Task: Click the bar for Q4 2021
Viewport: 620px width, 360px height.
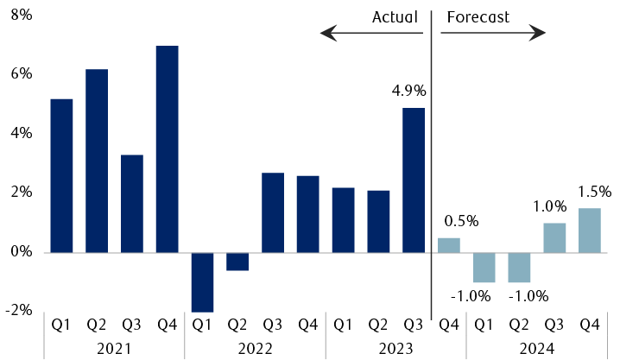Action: [167, 148]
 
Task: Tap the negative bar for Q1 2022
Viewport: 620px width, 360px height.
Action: [202, 281]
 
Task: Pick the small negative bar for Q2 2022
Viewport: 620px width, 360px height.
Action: [237, 262]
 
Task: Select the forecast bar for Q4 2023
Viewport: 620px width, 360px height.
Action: [448, 245]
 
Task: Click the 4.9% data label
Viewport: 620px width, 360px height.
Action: [408, 91]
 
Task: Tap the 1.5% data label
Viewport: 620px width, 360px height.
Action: [594, 192]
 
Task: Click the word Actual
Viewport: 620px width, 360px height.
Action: [395, 16]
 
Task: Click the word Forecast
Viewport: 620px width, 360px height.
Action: [478, 16]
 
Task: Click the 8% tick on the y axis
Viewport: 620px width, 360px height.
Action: [21, 15]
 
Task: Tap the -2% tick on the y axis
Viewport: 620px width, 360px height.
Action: [19, 311]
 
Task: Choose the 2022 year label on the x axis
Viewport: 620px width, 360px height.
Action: [255, 348]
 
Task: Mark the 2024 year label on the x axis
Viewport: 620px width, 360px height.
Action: [537, 348]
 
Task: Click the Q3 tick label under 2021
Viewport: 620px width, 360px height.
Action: [132, 325]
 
